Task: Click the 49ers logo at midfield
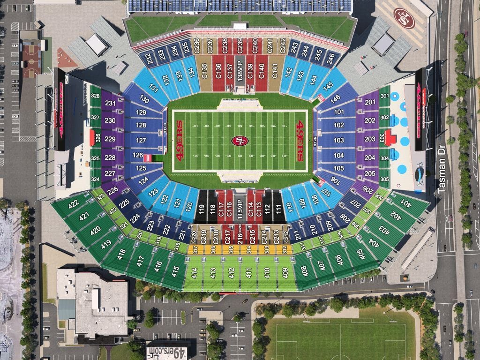[x=240, y=141]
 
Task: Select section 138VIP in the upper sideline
[x=240, y=74]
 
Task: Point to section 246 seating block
[x=331, y=58]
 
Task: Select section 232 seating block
[x=149, y=58]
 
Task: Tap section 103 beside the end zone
[x=338, y=140]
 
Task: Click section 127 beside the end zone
[x=141, y=140]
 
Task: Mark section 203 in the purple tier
[x=370, y=139]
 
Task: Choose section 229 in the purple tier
[x=110, y=139]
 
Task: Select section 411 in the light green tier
[x=249, y=272]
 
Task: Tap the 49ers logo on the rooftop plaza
[x=404, y=18]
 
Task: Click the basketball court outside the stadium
[x=32, y=61]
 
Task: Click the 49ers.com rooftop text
[x=167, y=352]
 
